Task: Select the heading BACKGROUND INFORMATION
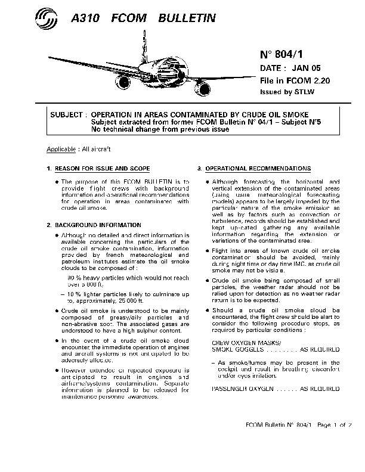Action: (x=98, y=225)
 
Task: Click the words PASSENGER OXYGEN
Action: (x=237, y=388)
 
